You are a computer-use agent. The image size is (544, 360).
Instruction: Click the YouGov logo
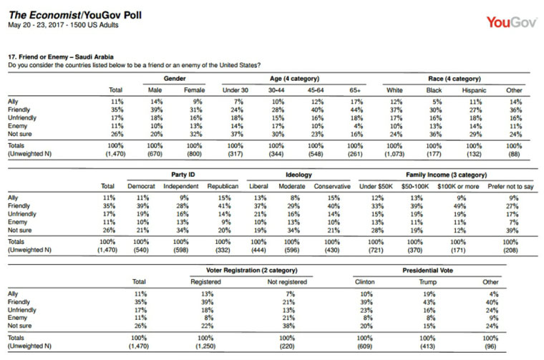coord(511,22)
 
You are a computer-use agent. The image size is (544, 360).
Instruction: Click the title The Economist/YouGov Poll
coord(75,15)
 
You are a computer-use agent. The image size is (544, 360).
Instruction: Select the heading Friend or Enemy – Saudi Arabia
coord(61,57)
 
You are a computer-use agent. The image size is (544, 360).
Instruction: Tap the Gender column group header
coord(175,79)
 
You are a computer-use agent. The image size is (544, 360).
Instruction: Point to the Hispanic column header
coord(474,90)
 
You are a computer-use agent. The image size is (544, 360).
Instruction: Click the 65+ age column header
coord(355,90)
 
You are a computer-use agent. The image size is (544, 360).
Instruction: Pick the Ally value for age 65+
coord(356,102)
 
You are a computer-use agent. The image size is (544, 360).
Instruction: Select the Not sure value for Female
coord(195,135)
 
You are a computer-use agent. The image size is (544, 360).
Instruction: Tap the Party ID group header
coord(183,175)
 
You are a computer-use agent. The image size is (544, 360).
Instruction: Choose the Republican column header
coord(223,186)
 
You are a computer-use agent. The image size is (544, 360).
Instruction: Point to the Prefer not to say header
coord(510,187)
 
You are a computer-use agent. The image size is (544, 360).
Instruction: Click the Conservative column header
coord(332,186)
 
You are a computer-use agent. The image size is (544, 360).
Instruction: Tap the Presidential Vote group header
coord(427,271)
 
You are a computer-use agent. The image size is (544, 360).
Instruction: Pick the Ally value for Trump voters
coord(429,294)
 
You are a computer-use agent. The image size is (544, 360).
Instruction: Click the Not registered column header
coord(287,282)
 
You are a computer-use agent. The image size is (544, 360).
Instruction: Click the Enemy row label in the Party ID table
coord(17,222)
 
